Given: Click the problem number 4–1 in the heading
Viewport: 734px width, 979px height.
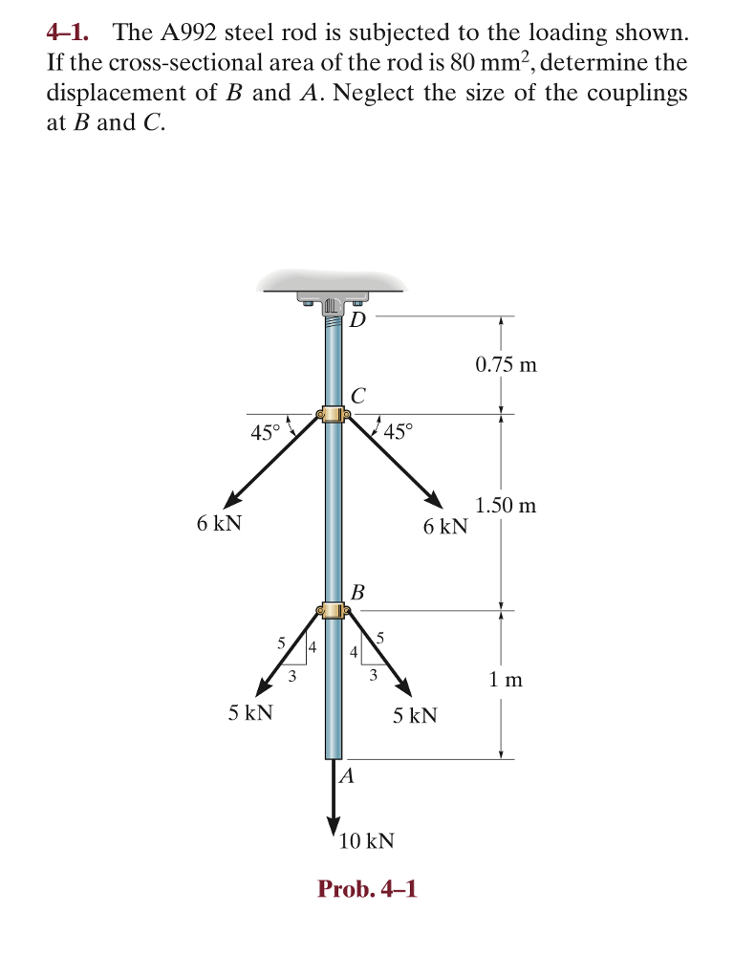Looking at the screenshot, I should [68, 33].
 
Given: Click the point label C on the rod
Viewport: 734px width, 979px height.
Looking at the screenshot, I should [357, 395].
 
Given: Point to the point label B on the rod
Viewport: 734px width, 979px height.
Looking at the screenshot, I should [357, 592].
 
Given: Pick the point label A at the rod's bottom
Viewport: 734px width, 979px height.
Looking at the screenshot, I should [347, 776].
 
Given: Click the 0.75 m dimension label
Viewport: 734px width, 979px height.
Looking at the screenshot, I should [506, 364].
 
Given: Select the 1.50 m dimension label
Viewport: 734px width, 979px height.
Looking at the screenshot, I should [506, 505].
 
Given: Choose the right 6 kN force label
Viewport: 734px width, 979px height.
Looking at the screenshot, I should [445, 526].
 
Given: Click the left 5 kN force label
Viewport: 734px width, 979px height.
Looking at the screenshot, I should [250, 713].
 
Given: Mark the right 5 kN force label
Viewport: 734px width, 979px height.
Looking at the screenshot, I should [415, 715].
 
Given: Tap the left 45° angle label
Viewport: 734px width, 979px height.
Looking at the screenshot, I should [266, 432].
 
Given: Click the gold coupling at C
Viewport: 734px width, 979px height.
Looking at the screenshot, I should [333, 414].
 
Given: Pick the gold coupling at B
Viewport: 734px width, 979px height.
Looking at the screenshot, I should [333, 610].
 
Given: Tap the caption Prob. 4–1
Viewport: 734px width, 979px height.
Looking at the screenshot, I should [367, 889].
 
